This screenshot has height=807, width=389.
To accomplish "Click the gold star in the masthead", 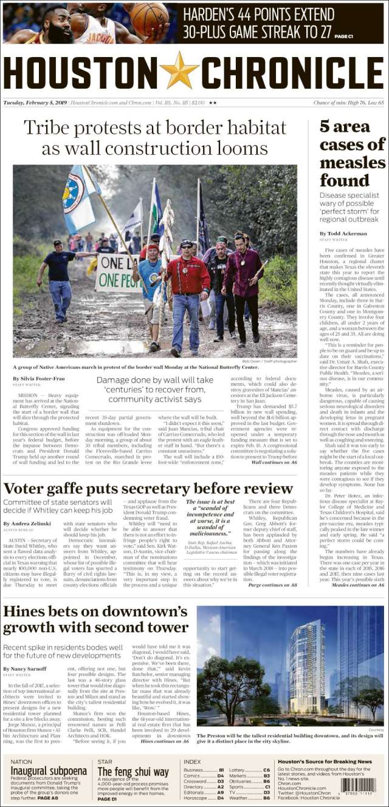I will click(179, 70).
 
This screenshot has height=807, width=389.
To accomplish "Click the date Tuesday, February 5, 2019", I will click(35, 103).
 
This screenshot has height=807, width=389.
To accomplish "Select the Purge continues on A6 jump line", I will click(272, 585).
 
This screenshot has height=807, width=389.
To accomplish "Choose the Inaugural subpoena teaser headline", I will click(49, 771).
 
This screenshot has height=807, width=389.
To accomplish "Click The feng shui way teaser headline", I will click(133, 772).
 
